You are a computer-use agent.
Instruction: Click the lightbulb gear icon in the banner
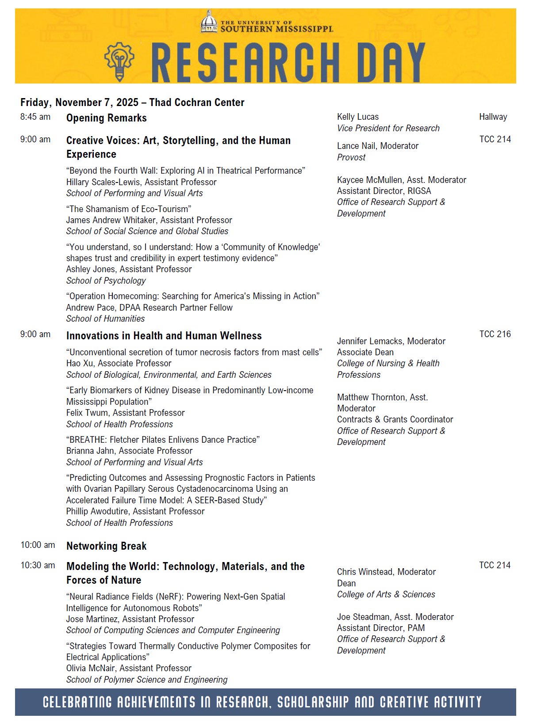click(119, 61)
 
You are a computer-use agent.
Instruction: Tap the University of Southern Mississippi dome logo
click(209, 22)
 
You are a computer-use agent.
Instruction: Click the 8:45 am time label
click(35, 117)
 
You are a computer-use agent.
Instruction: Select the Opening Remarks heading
click(106, 118)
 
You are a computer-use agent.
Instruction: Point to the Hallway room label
click(493, 117)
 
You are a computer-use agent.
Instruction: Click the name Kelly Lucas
click(357, 117)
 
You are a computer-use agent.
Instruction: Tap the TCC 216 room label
click(495, 334)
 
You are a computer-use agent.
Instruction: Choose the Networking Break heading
click(106, 546)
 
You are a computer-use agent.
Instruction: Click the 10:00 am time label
click(38, 545)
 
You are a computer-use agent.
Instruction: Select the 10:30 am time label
click(38, 565)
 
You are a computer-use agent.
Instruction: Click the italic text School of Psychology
click(106, 281)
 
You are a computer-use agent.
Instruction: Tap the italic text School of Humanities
click(105, 319)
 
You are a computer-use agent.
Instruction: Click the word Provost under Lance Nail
click(351, 157)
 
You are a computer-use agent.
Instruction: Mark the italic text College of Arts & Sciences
click(386, 594)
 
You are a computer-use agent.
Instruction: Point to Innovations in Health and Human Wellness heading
click(164, 336)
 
